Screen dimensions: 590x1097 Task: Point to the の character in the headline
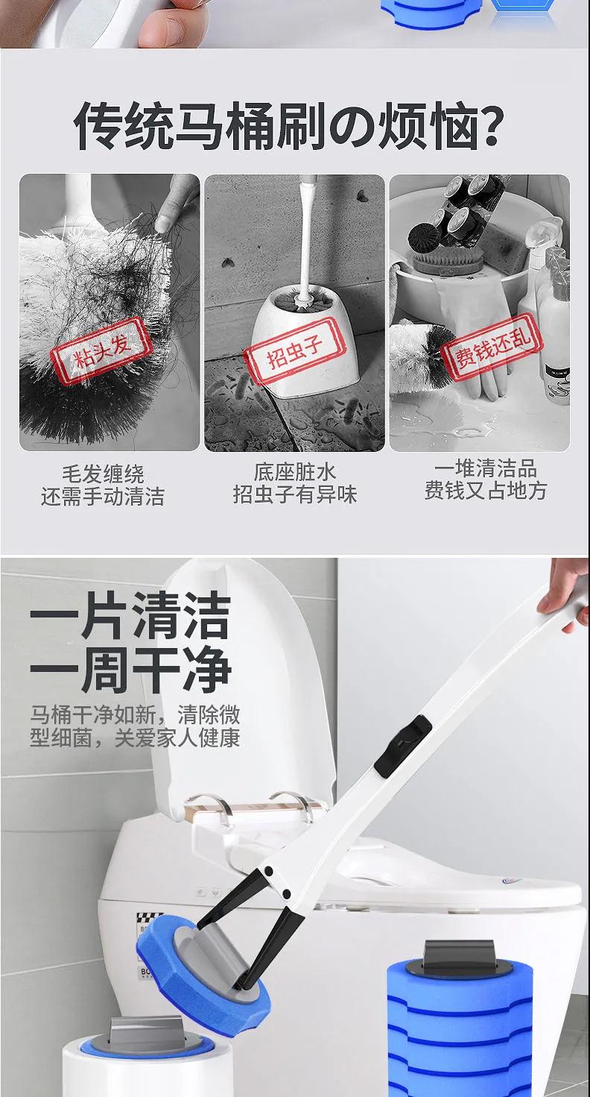click(352, 128)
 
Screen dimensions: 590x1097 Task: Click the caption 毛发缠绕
click(103, 474)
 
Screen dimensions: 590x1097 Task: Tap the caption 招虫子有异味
click(295, 494)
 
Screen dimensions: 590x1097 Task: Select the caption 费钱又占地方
click(486, 490)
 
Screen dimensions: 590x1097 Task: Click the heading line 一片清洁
click(130, 616)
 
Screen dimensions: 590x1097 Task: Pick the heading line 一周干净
click(130, 669)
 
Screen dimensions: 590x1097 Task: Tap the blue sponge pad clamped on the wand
click(203, 968)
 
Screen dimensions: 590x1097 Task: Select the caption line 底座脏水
click(294, 472)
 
